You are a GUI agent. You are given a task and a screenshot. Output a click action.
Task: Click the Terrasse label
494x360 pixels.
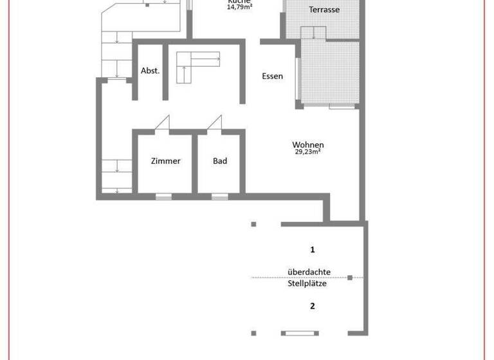point(324,10)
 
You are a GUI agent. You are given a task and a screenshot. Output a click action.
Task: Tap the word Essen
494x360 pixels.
point(272,76)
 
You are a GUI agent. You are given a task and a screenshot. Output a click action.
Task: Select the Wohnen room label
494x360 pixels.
point(307,145)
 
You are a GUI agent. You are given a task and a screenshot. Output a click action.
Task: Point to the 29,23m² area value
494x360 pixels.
point(307,152)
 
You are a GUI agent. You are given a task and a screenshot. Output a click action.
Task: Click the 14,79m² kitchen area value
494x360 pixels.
point(239,7)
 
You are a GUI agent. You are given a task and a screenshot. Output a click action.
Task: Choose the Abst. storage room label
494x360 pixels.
point(150,71)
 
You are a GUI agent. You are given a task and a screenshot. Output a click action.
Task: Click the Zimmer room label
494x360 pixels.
point(165,161)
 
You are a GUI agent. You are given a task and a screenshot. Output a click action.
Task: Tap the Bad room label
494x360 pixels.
point(220,161)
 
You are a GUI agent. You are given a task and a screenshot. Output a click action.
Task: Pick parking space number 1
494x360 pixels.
point(312,249)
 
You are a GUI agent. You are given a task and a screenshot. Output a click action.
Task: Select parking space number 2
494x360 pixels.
point(312,306)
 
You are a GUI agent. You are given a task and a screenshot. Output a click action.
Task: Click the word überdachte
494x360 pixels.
point(309,272)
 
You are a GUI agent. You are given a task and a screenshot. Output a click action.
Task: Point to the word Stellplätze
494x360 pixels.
point(307,283)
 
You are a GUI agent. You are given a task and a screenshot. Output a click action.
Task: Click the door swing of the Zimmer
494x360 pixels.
point(163,123)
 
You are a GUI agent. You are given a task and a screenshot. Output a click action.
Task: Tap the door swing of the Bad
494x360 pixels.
point(215,123)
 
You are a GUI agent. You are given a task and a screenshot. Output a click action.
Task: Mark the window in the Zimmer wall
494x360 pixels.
point(163,196)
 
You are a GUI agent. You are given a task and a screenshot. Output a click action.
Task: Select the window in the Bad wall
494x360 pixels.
point(220,196)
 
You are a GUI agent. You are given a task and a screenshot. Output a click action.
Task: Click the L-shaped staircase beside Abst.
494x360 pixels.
point(193,64)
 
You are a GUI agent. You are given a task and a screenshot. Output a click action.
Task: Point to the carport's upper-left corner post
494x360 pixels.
point(253,224)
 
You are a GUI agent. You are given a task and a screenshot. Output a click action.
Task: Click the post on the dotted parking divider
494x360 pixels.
point(350,278)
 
